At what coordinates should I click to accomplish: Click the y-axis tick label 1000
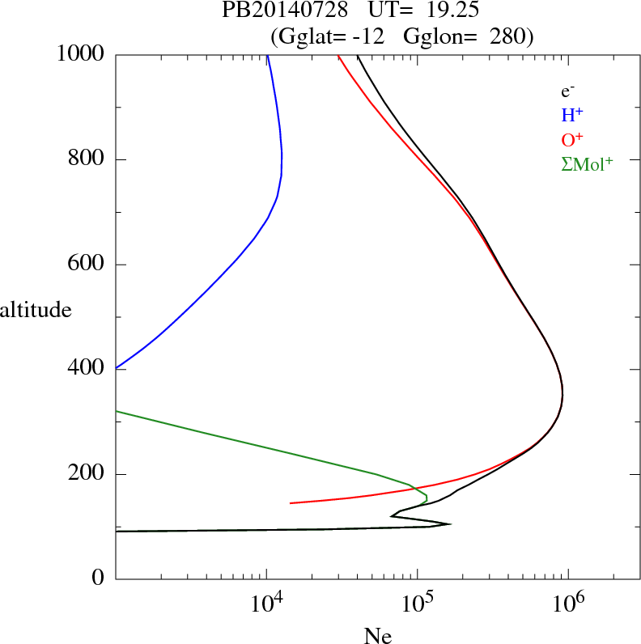(81, 54)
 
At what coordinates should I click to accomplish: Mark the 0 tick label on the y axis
(100, 578)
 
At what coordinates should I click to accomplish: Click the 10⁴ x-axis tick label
(266, 604)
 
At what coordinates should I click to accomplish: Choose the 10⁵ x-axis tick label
(418, 604)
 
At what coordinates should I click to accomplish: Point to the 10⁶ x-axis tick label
(569, 604)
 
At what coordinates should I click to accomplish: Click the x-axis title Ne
(377, 636)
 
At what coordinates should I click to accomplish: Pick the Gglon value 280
(507, 36)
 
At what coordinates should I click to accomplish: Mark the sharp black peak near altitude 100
(450, 524)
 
